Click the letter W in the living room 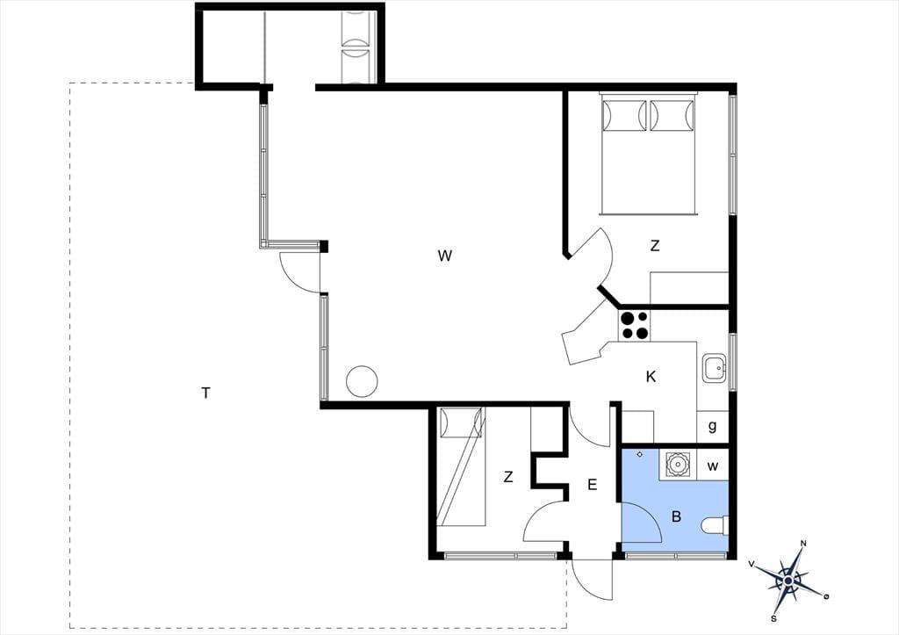444,256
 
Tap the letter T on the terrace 205,393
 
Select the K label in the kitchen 651,377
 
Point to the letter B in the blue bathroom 677,516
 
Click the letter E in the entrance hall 593,485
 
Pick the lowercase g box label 713,427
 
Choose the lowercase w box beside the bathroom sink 713,465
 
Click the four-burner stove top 634,325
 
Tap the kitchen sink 714,368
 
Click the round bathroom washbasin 677,464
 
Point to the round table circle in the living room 362,381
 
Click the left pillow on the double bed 623,116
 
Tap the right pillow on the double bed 672,116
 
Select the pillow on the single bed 461,422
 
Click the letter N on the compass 804,544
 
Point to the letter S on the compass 773,618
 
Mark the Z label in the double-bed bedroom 655,246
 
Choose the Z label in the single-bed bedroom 508,477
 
